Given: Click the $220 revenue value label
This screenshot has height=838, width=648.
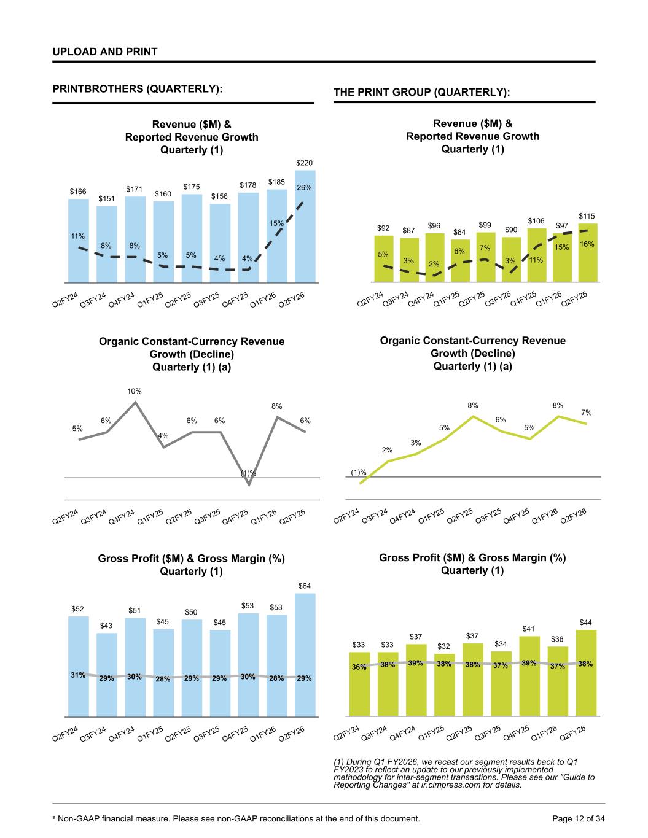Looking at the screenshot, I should click(x=305, y=163).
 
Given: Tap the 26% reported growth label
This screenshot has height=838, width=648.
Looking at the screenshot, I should click(x=305, y=187).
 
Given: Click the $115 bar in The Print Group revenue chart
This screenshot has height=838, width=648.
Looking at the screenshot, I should click(x=588, y=252).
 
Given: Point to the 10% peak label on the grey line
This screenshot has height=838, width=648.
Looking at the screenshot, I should click(x=135, y=390).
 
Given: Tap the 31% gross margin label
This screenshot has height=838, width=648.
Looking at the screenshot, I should click(x=77, y=675).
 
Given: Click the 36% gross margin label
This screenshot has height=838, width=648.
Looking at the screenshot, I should click(x=359, y=667).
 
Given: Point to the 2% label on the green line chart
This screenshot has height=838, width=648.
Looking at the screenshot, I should click(x=387, y=450).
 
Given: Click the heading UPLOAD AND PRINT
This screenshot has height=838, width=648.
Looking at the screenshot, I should click(x=105, y=52).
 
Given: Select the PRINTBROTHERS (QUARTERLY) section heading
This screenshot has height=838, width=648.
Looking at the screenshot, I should click(x=137, y=89).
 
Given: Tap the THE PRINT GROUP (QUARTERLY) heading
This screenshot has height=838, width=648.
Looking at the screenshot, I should click(x=422, y=92).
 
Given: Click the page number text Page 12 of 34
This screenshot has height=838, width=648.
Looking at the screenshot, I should click(x=579, y=818).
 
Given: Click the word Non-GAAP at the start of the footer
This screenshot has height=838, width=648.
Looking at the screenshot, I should click(x=79, y=818).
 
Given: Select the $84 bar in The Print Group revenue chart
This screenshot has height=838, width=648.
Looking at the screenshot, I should click(x=459, y=260).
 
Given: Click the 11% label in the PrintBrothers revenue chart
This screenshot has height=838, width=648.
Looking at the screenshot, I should click(x=77, y=236).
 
